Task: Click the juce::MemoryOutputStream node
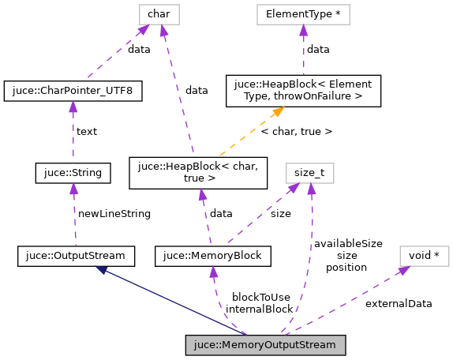coord(265,345)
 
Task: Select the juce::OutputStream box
coord(75,256)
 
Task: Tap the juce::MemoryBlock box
coord(213,256)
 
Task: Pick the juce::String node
coord(73,171)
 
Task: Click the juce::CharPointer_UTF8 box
coord(73,91)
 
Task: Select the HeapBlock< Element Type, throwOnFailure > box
coord(303,91)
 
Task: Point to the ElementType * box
coord(303,13)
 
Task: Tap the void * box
coord(424,256)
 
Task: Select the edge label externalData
coord(399,303)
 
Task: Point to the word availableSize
coord(347,244)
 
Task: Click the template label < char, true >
coord(296,131)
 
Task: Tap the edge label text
coord(86,131)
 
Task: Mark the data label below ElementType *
coord(318,49)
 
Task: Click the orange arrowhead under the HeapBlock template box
coord(278,113)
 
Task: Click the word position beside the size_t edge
coord(346,267)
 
